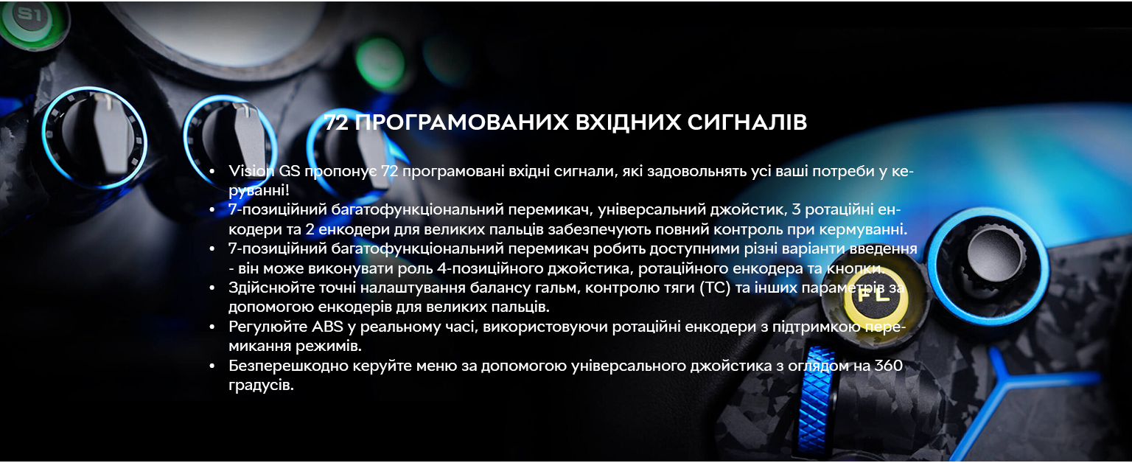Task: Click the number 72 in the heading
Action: click(x=335, y=122)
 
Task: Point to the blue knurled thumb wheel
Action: click(x=815, y=400)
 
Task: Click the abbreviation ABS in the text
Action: click(x=327, y=327)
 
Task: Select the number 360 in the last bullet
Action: click(x=888, y=366)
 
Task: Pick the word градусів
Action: click(x=261, y=385)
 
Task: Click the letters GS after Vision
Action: click(x=290, y=171)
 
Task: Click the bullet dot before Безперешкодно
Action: click(x=212, y=366)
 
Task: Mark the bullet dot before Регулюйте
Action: click(x=212, y=327)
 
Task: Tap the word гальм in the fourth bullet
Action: click(x=556, y=288)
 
